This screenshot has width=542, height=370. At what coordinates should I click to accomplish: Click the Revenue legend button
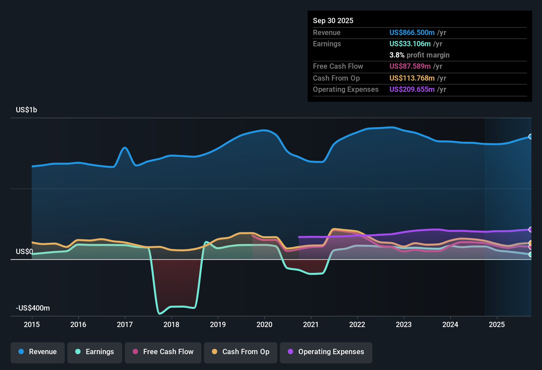tap(38, 352)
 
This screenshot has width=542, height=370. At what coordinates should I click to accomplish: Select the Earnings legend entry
tap(95, 352)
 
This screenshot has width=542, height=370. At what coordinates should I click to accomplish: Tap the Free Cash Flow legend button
tap(163, 352)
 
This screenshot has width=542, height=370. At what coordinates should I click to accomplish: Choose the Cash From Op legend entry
tap(241, 352)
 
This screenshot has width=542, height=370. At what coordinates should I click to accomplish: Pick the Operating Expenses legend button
tap(326, 352)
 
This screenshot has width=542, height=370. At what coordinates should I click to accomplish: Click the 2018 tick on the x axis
tap(171, 324)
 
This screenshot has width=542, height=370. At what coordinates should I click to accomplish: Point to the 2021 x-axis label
tap(311, 324)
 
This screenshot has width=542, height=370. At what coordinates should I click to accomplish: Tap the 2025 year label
tap(496, 324)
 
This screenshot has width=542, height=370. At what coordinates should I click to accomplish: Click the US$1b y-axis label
tap(26, 110)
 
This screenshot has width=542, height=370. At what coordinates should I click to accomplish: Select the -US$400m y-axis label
tap(33, 308)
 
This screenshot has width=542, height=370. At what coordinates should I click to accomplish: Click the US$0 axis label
tap(24, 251)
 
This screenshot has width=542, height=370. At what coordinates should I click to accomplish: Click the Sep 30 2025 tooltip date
tap(333, 20)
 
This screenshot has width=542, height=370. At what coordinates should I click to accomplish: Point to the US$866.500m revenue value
tap(412, 32)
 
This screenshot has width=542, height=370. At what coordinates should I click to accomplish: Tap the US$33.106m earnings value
tap(410, 44)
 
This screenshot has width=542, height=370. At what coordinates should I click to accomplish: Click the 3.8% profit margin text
tap(419, 55)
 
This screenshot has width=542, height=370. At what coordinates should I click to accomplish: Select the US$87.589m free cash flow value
tap(410, 66)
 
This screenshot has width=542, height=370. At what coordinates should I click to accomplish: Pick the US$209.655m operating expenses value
tap(412, 89)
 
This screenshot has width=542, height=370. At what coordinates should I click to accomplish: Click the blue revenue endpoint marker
tap(530, 136)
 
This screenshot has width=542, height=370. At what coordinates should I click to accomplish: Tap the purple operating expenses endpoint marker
tap(530, 229)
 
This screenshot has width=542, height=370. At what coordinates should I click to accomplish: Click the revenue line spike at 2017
tap(125, 148)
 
